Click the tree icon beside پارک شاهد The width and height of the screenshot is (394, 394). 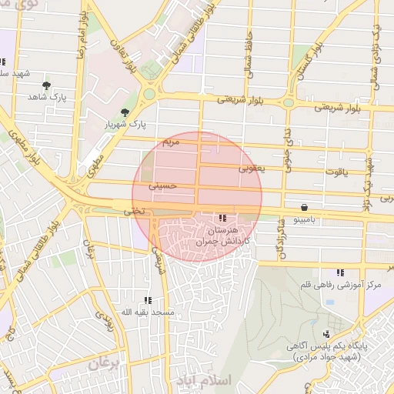pyautogui.click(x=47, y=85)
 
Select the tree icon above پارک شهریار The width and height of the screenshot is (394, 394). pyautogui.click(x=125, y=112)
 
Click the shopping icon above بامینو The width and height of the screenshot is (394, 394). pyautogui.click(x=306, y=208)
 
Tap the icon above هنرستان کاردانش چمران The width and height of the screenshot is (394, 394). pyautogui.click(x=222, y=218)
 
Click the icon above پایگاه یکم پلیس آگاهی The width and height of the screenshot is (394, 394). pyautogui.click(x=328, y=334)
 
